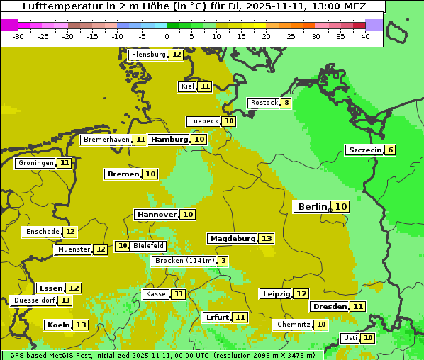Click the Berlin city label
[x=312, y=206]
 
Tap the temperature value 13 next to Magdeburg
[x=266, y=239]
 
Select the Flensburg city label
[x=148, y=55]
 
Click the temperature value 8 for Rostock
[x=286, y=103]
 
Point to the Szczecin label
[x=364, y=150]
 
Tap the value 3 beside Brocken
[x=223, y=261]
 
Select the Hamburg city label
[x=169, y=140]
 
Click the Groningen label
[x=36, y=163]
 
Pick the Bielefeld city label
[x=148, y=246]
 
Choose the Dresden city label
[x=329, y=307]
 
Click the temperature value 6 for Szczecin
[x=390, y=150]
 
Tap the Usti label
[x=350, y=338]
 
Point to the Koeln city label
[x=58, y=325]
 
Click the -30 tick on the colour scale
[x=18, y=36]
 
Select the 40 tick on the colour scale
[x=365, y=36]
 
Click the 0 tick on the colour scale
[x=167, y=36]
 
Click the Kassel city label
[x=156, y=294]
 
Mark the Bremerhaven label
[x=106, y=140]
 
